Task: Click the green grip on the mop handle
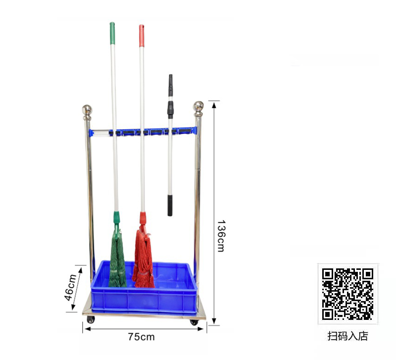click(x=112, y=33)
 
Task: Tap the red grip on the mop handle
click(x=142, y=36)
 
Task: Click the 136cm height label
click(x=221, y=236)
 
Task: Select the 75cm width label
click(x=141, y=337)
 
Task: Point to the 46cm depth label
click(x=70, y=287)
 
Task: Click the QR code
click(x=347, y=294)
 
